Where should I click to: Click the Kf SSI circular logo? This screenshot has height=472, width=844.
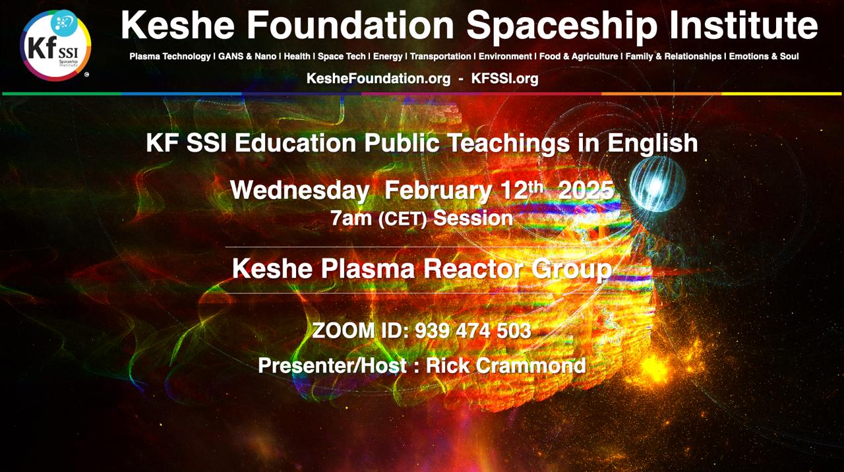[x=55, y=45]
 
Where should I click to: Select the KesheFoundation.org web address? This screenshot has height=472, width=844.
[x=378, y=78]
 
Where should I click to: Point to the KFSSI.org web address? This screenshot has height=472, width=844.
[x=505, y=78]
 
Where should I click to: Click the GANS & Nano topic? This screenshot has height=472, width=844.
[x=247, y=57]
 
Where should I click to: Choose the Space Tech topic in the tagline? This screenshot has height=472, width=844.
[x=342, y=57]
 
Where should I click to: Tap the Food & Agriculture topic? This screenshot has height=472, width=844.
[x=579, y=57]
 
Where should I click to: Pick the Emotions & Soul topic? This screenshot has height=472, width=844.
[x=764, y=57]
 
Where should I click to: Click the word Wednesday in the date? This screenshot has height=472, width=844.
[x=300, y=191]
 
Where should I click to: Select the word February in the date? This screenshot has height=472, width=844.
[x=438, y=191]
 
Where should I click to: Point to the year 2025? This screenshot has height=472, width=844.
[x=586, y=191]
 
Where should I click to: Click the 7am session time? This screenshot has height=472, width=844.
[x=351, y=218]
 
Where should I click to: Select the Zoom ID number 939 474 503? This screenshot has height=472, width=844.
[x=473, y=331]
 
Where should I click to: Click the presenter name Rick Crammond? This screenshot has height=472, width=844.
[x=506, y=365]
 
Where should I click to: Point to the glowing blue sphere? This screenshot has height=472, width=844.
[x=657, y=184]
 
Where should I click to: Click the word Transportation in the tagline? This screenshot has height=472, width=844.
[x=440, y=57]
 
